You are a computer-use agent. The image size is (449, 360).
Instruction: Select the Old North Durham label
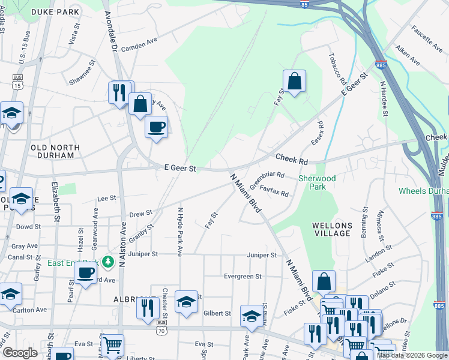[x=55, y=151]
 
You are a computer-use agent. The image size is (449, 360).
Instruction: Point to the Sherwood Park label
[x=312, y=182]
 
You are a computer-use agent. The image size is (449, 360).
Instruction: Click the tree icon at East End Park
[x=108, y=262]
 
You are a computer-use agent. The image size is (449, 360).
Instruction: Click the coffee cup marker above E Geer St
[x=156, y=127]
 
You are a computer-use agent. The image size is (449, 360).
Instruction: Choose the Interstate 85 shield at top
[x=306, y=4]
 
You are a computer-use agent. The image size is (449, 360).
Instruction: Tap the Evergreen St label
[x=243, y=277]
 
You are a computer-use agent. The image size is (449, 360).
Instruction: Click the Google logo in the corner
[x=19, y=353]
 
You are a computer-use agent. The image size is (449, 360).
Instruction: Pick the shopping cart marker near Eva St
[x=112, y=344]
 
